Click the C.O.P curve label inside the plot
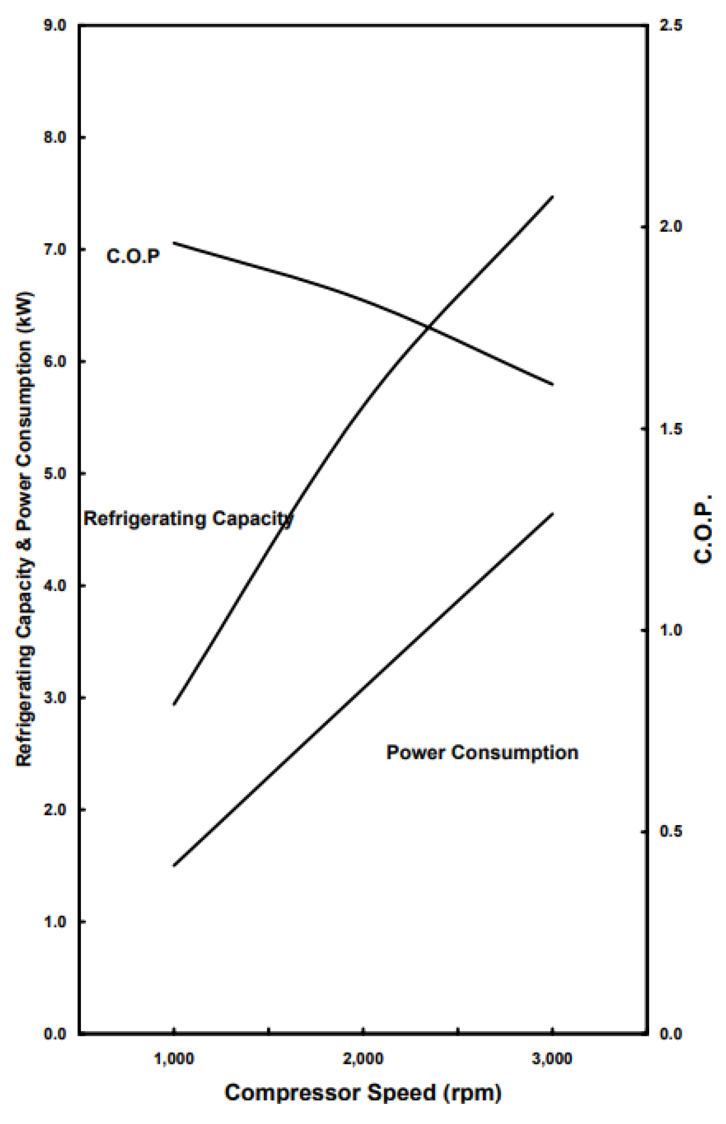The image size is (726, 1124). click(133, 255)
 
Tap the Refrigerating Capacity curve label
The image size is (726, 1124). click(188, 519)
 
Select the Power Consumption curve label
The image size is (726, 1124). click(482, 752)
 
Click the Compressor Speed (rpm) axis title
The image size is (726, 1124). click(362, 1092)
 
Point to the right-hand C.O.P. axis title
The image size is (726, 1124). click(703, 528)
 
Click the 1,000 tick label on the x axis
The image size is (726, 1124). click(174, 1059)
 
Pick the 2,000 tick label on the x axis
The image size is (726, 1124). click(363, 1059)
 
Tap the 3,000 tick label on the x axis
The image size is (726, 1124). click(552, 1059)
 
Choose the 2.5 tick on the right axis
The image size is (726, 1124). click(671, 26)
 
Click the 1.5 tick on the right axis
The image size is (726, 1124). click(671, 429)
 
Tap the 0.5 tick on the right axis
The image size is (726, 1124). click(671, 832)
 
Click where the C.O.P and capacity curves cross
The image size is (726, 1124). click(428, 327)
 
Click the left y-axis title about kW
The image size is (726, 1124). click(24, 528)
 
